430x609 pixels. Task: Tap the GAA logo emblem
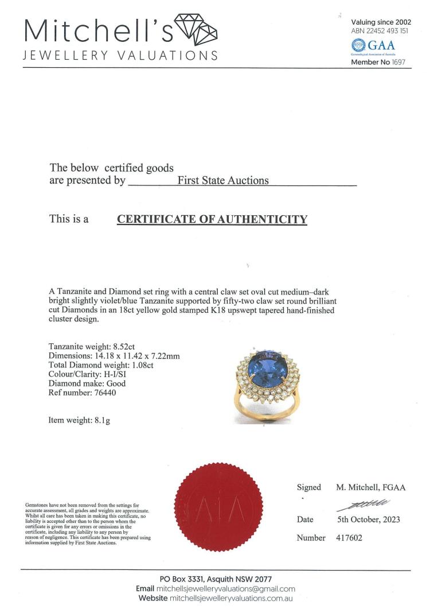[358, 44]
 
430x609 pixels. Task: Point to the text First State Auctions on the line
[223, 180]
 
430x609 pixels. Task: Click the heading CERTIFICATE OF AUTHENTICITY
[212, 219]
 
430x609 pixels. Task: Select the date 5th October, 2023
[368, 519]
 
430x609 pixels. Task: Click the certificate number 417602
[349, 538]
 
